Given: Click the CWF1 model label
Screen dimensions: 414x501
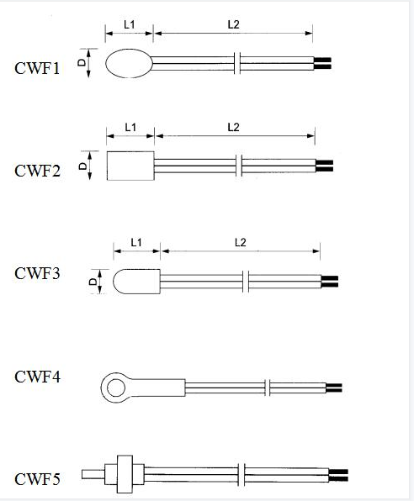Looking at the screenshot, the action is [37, 68].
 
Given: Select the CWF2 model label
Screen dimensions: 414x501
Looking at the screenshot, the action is [37, 171].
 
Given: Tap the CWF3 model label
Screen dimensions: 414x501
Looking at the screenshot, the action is [37, 273].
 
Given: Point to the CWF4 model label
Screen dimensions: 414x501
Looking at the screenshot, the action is [37, 377].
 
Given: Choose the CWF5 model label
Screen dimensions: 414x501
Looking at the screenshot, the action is [37, 479].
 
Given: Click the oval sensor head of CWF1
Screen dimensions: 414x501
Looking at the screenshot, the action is [129, 63].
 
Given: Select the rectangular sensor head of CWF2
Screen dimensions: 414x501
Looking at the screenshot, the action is [130, 166].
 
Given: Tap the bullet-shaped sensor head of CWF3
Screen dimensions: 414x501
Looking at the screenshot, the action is [136, 281].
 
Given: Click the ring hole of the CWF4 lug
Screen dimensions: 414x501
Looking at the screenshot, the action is [116, 388].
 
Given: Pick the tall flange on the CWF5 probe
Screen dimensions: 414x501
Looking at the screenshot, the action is [125, 474].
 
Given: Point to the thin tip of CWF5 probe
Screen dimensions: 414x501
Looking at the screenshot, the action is [93, 474].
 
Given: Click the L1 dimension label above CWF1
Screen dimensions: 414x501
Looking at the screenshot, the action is [130, 24].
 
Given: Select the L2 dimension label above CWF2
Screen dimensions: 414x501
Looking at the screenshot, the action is [234, 128].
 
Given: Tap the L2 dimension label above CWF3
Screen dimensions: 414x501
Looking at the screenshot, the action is [241, 242].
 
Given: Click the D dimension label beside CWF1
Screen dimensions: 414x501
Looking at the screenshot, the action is [82, 62].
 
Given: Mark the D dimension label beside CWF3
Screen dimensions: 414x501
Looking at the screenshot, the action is [93, 282].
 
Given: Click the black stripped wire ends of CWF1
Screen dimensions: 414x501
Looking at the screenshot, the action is [322, 63].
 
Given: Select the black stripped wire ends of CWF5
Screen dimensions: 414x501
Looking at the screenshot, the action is [338, 475].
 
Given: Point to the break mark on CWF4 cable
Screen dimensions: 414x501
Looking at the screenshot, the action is [268, 388].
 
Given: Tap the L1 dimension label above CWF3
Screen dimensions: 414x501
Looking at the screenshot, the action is [136, 242].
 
